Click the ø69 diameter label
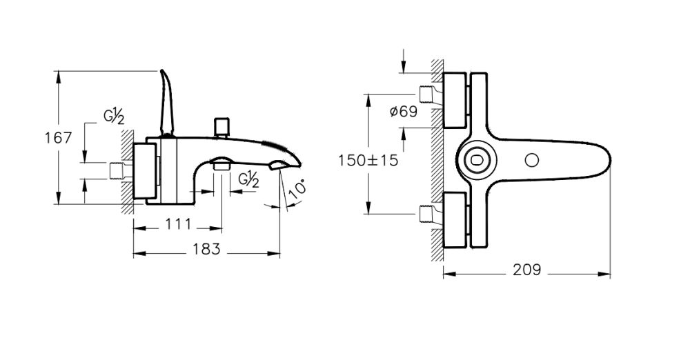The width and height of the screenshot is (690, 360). tap(403, 111)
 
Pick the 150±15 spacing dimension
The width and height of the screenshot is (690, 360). tap(368, 160)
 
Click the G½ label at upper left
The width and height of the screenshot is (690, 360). tap(114, 117)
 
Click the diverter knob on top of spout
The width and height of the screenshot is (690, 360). tap(221, 126)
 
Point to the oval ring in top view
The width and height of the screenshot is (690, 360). tap(475, 159)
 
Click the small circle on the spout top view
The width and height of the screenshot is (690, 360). tap(531, 160)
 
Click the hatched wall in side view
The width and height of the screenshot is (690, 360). tap(127, 172)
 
